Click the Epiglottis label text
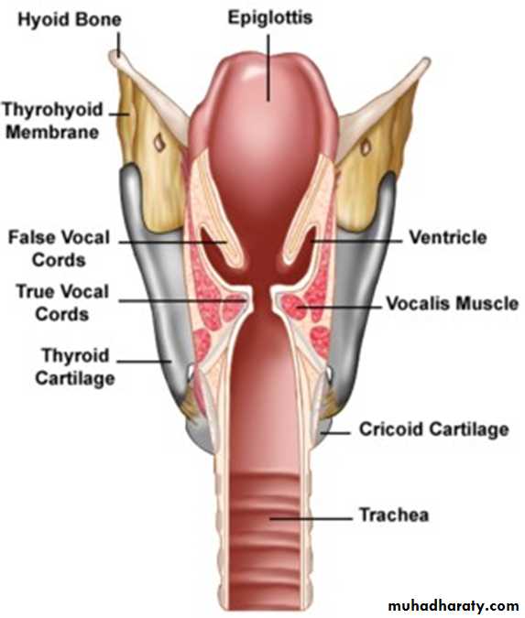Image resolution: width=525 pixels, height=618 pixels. pos(270,18)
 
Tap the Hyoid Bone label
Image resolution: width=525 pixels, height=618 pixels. pos(70,20)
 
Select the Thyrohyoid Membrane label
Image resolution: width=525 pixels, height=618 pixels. pos(52,120)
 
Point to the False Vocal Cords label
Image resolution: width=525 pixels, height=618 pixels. pos(60,248)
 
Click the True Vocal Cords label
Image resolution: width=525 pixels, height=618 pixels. pos(62,302)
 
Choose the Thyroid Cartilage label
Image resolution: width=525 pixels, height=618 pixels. pos(75,366)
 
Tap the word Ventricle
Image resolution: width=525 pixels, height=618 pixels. pos(448,237)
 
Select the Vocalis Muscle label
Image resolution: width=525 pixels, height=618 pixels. pos(452,303)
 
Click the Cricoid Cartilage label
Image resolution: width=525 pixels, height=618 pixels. pos(434,429)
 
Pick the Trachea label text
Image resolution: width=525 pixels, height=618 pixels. pos(394,515)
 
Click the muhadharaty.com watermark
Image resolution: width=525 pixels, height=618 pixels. pos(454,605)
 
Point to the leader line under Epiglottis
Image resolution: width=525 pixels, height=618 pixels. pos(268,68)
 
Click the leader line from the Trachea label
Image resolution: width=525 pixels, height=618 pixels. pos(311,518)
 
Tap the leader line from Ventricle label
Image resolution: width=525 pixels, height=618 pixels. pos(356,240)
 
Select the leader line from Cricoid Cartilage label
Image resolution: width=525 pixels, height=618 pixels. pos(334,433)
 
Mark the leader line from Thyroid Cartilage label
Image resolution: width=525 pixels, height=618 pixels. pos(145,362)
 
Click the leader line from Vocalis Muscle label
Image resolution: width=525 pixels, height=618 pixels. pos(339,306)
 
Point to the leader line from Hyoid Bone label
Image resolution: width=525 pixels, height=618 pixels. pos(118,44)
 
